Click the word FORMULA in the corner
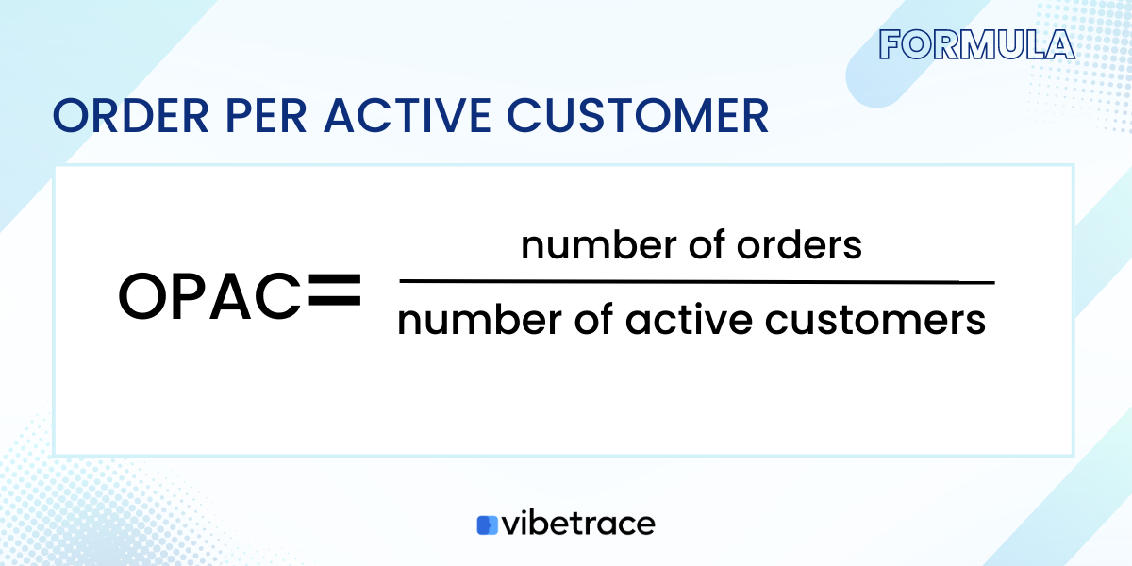pos(976,44)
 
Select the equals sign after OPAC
pos(335,292)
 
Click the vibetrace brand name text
pos(578,524)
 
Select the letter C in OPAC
pos(279,296)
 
